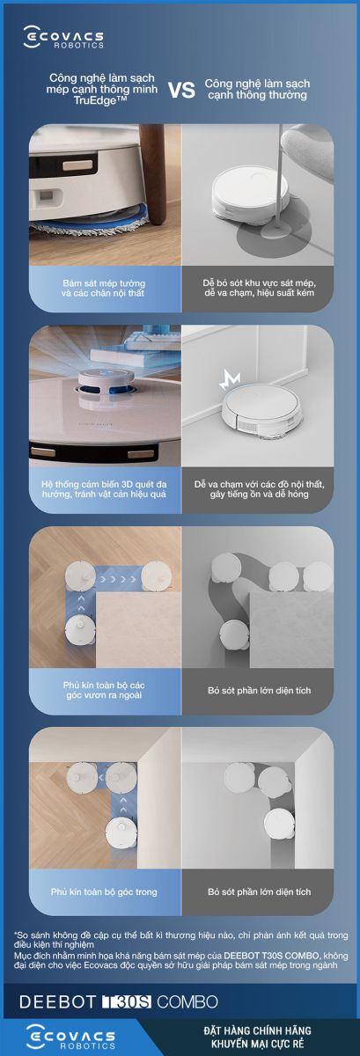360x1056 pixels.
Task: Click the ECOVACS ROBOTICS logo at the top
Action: coord(63,38)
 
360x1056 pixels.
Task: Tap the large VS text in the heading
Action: coord(181,90)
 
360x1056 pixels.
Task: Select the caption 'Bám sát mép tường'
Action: coord(104,283)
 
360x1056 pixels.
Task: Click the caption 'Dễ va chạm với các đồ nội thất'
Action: coord(259,484)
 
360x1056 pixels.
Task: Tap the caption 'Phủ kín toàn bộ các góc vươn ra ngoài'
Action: coord(104,690)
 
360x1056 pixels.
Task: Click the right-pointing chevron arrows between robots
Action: coord(119,578)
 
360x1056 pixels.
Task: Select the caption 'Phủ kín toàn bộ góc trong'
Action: coord(104,891)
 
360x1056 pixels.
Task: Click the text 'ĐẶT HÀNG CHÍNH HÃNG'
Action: coord(258,1031)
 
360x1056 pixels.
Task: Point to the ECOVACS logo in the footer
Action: coord(70,1038)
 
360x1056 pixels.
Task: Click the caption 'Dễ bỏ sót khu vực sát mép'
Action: coord(259,282)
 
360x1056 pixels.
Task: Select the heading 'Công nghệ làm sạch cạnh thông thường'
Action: coord(257,89)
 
